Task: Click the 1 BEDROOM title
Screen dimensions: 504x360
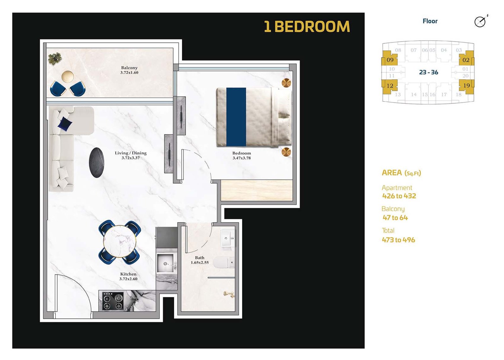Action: [x=307, y=27]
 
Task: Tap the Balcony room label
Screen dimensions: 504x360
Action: [x=129, y=68]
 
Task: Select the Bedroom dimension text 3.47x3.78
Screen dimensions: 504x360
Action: [x=241, y=158]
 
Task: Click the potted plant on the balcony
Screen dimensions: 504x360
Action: [x=55, y=59]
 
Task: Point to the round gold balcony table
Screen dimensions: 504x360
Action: [x=67, y=77]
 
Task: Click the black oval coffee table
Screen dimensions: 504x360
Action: [x=97, y=163]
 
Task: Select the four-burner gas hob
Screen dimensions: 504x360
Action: [x=113, y=301]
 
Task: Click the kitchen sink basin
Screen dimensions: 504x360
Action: [x=165, y=263]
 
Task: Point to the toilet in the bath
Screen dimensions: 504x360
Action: [x=224, y=263]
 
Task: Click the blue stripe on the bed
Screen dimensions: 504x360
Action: [x=236, y=117]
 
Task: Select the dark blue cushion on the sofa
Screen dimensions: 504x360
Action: [x=65, y=123]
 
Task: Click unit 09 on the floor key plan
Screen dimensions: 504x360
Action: [x=390, y=60]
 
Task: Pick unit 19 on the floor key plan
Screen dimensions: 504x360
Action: [x=467, y=85]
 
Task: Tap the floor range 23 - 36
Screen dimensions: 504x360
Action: [x=429, y=72]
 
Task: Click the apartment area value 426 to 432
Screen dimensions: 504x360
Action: [x=399, y=196]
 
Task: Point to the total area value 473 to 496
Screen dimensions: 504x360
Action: [x=398, y=240]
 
